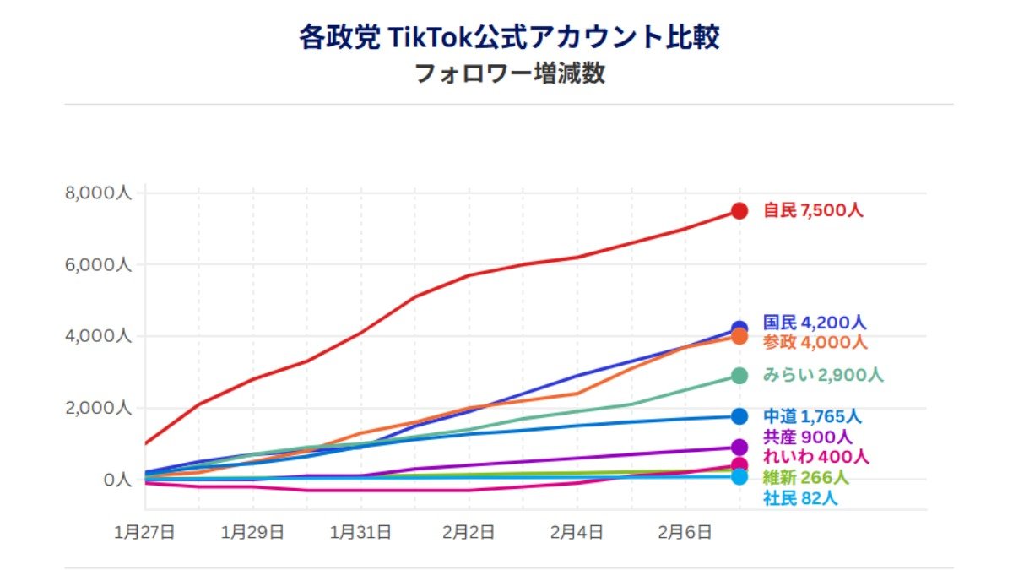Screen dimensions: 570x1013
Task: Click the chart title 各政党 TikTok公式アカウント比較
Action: (509, 38)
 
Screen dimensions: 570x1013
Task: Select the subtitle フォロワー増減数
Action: (509, 74)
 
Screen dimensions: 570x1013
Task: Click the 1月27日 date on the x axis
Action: (145, 533)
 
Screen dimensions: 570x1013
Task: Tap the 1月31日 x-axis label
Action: (361, 533)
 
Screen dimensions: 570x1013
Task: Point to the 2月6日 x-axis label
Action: (685, 533)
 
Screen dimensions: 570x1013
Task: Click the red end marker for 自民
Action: (739, 211)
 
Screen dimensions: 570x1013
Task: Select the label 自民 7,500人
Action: (813, 211)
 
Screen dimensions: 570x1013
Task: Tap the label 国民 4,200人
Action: (815, 323)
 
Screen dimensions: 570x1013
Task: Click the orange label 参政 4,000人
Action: (815, 342)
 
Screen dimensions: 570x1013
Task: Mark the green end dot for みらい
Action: (739, 376)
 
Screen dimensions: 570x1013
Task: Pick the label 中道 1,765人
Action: (812, 416)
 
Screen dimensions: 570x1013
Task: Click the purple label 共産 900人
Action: (807, 437)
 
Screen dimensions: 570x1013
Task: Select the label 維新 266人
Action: (806, 478)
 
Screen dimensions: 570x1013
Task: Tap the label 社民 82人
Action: (800, 498)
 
